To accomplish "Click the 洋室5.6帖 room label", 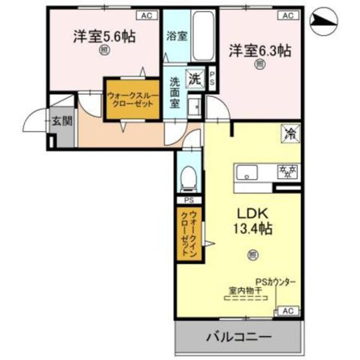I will [104, 37].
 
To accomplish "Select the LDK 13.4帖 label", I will [252, 220].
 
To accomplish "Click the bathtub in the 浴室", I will [204, 36].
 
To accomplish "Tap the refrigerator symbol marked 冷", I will [291, 134].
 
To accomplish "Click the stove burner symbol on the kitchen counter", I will [287, 172].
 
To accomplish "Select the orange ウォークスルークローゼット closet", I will [132, 99].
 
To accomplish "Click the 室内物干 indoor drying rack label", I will [243, 289].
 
